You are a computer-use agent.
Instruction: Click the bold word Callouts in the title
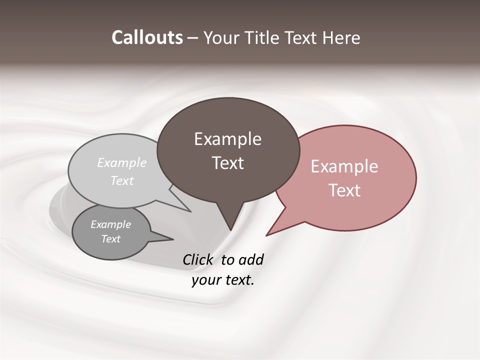pos(147,37)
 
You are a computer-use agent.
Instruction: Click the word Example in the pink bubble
pos(344,166)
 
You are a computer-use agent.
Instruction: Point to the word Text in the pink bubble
pos(345,190)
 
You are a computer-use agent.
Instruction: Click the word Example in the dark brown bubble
pos(227,139)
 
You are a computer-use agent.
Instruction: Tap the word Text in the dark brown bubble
pos(228,163)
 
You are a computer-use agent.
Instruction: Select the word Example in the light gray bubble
pos(122,162)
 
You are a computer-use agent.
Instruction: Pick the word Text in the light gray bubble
pos(122,180)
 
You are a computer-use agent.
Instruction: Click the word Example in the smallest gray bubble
pos(110,224)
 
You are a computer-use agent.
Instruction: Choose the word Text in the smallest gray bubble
pos(111,239)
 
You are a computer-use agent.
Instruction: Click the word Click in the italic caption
pos(198,259)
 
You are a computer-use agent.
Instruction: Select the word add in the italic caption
pos(250,259)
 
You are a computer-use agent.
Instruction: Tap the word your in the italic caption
pos(205,280)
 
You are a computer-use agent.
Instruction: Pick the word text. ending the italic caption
pos(239,280)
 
